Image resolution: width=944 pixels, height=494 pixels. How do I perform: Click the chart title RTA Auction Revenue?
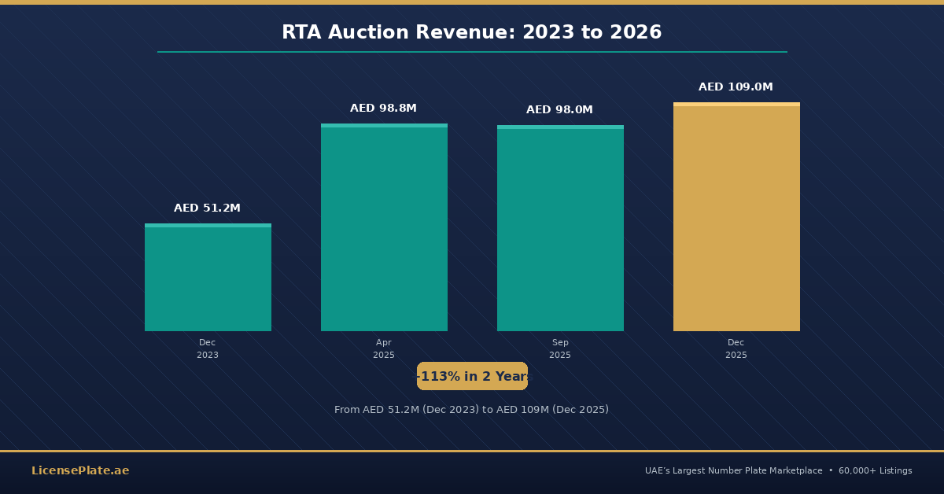click(x=471, y=33)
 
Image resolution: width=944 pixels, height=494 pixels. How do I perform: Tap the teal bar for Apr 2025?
click(x=384, y=228)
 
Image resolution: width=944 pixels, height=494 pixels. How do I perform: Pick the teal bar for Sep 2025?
click(x=560, y=229)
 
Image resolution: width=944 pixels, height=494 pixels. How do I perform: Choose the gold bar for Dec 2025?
click(x=736, y=217)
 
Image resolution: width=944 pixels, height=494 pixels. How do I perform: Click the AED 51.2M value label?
click(x=207, y=208)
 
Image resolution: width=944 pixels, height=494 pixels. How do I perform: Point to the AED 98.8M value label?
click(x=383, y=109)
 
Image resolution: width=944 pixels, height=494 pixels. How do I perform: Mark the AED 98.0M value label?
click(x=559, y=110)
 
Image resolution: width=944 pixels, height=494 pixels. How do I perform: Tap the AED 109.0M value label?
click(x=736, y=87)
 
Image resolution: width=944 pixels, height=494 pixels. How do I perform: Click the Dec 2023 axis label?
click(x=208, y=349)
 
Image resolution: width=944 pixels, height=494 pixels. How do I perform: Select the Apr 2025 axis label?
click(x=384, y=349)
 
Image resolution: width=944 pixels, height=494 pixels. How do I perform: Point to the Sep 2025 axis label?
click(x=560, y=349)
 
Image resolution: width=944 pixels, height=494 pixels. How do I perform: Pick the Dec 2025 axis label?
click(x=736, y=349)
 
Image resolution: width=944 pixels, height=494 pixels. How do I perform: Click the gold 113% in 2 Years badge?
click(x=472, y=377)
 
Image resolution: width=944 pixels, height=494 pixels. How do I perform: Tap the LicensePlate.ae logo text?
click(x=80, y=471)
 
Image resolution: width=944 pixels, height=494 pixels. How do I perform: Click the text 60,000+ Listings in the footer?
click(x=875, y=471)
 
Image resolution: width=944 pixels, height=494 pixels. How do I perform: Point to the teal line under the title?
click(x=472, y=52)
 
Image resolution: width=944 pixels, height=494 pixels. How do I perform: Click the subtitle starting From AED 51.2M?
click(x=471, y=410)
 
